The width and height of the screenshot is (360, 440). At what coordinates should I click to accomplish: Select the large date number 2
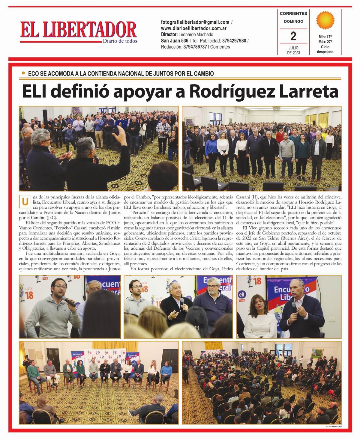(293, 36)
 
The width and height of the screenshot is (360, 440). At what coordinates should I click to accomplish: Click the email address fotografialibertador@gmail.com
(195, 22)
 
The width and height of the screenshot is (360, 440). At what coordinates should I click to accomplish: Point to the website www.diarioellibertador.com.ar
(193, 28)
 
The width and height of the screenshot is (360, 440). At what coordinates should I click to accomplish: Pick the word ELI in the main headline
(35, 92)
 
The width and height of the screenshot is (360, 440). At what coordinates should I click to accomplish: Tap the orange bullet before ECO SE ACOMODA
(23, 73)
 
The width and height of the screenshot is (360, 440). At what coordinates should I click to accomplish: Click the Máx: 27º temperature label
(325, 42)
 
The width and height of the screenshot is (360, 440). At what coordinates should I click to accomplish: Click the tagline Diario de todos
(120, 41)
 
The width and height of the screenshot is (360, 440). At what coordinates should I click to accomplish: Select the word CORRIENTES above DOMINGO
(293, 13)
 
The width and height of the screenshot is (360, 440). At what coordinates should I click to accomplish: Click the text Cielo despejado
(325, 49)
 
